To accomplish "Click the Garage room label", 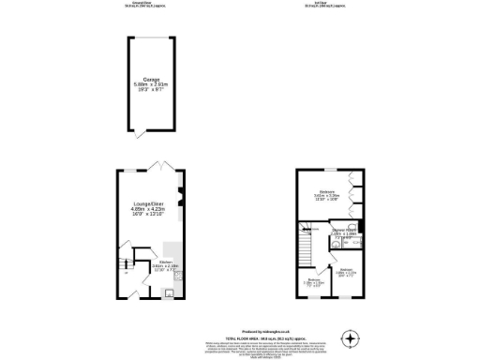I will pos(152,80).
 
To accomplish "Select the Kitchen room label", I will pos(166,262).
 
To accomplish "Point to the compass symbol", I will pos(351,337).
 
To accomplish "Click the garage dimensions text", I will pos(152,87).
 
